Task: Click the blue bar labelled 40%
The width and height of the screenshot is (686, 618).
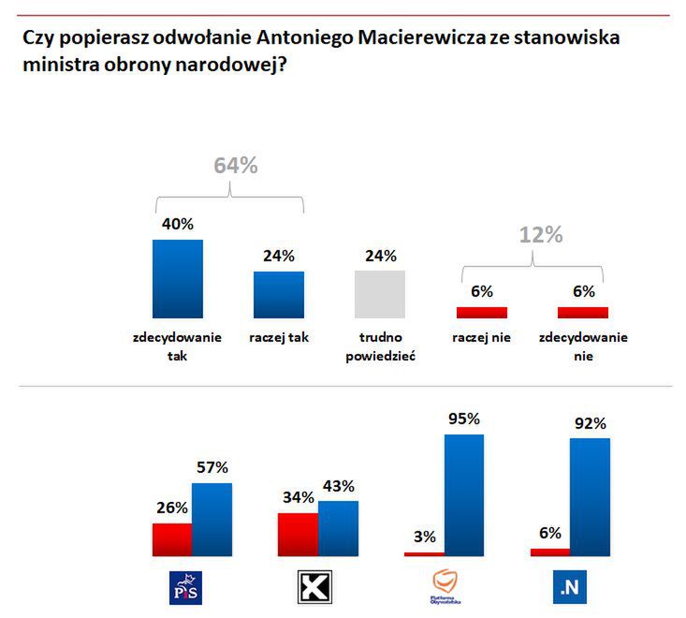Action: click(x=177, y=278)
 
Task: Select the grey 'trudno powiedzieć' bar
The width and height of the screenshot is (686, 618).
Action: click(x=379, y=294)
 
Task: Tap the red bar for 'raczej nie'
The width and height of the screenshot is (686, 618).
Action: click(x=481, y=313)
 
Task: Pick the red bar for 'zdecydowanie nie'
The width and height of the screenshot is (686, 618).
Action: click(x=582, y=313)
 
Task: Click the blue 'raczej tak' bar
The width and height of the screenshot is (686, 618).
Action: click(x=278, y=295)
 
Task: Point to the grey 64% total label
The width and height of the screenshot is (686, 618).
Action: click(x=235, y=166)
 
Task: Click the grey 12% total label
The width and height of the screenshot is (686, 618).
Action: click(x=540, y=235)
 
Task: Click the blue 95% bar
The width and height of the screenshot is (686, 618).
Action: click(x=463, y=494)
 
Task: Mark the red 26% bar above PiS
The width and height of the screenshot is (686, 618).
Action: click(x=171, y=539)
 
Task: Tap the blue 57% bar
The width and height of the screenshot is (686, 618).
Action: click(x=212, y=520)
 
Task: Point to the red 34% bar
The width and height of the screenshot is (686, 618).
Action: click(x=298, y=534)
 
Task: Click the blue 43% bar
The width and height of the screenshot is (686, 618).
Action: click(x=338, y=528)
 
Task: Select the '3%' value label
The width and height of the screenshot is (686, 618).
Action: click(x=426, y=537)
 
